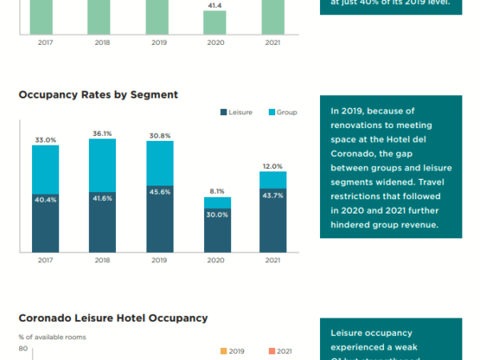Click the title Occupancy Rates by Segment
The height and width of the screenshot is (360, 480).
98,94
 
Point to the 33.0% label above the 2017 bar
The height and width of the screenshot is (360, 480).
46,140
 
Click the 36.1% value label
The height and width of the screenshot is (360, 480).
102,134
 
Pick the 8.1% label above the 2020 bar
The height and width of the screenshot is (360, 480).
216,191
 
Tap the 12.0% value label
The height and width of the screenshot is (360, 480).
273,166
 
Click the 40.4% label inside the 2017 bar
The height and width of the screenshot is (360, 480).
46,200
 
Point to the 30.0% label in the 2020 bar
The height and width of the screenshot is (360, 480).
216,214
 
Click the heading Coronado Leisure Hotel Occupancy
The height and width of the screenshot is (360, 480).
113,318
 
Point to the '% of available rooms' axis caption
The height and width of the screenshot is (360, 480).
53,337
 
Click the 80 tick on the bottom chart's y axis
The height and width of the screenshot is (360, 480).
23,349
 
